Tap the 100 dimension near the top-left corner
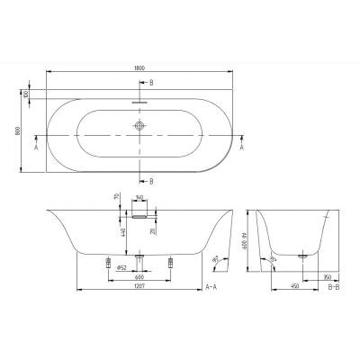[26, 94]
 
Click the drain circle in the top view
[139, 128]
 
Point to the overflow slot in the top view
[139, 101]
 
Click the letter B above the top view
[150, 83]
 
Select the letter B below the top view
[150, 181]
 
